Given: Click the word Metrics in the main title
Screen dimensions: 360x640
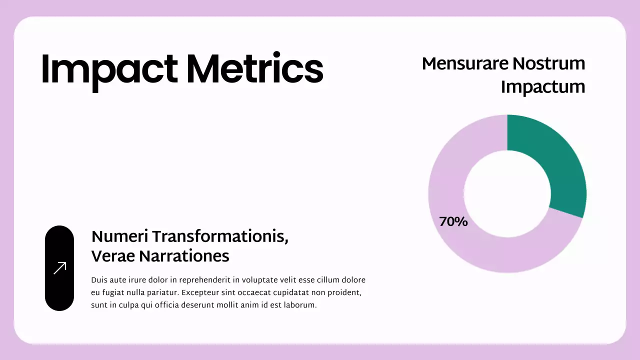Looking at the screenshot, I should point(255,68).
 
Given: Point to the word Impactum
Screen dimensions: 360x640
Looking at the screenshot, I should point(543,86).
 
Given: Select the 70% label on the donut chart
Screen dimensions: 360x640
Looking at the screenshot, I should point(453,221).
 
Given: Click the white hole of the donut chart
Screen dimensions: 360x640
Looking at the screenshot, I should point(507,193).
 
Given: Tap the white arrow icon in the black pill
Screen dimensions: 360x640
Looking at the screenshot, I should point(59,268).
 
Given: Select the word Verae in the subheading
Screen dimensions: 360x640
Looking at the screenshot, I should point(113,256).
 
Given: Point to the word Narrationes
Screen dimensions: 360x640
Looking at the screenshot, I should point(184,256).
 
